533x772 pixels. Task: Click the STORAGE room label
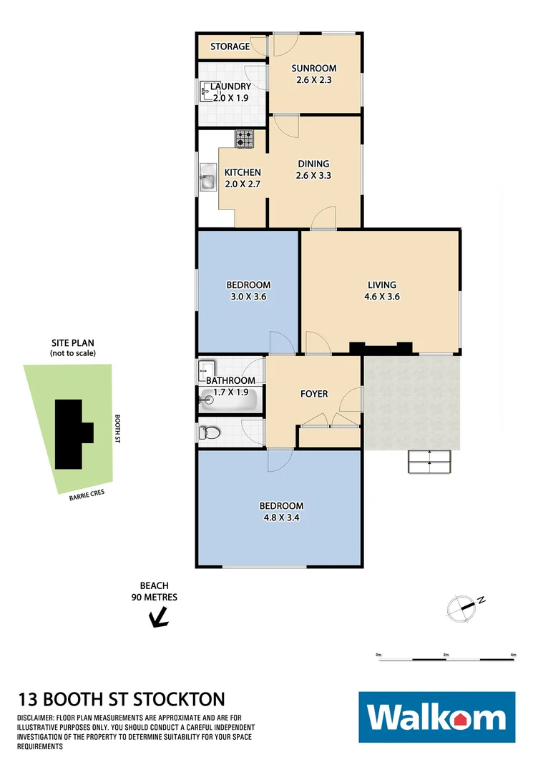[x=230, y=46]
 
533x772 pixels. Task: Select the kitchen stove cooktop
[x=245, y=139]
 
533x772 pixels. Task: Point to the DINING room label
[x=313, y=164]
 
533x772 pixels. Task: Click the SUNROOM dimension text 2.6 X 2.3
[x=313, y=80]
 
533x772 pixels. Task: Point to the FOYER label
[x=313, y=394]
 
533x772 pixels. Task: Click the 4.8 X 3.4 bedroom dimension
[x=280, y=518]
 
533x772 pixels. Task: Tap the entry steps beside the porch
[x=429, y=462]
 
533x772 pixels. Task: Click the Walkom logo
[x=436, y=717]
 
